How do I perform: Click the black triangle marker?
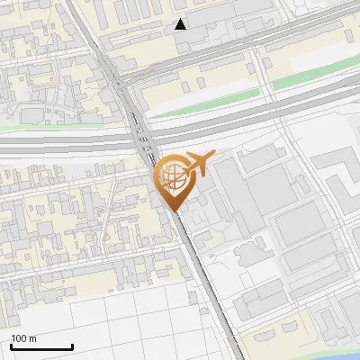[x=181, y=24]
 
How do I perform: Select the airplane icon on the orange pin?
[x=195, y=166]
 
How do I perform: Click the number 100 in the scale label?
[x=18, y=338]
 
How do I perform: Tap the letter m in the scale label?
[x=31, y=338]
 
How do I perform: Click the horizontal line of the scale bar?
[x=40, y=346]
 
